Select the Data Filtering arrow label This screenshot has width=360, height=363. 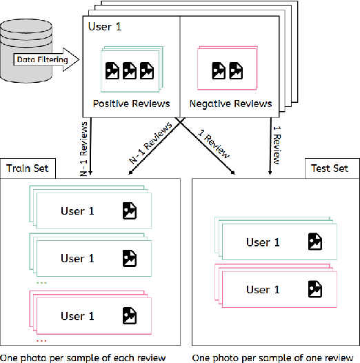pos(43,59)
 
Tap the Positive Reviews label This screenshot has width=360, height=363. pos(131,104)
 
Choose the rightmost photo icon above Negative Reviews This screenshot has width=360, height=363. pos(236,70)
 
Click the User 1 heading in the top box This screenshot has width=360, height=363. pos(106,27)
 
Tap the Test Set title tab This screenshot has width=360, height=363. pos(330,168)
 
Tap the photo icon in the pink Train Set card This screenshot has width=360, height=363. pos(130,316)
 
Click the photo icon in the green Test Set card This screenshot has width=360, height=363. pos(315,242)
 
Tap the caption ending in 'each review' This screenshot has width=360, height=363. pos(83,357)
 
